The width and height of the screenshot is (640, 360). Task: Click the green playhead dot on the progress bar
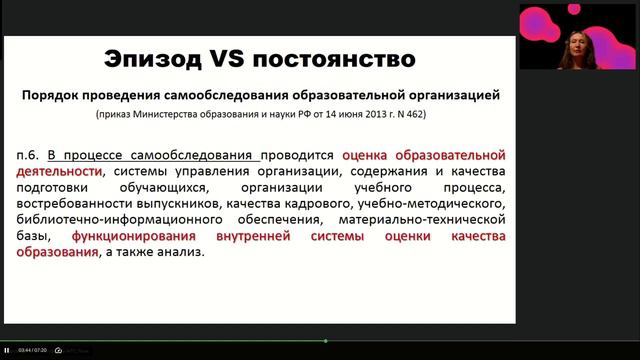(326, 341)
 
